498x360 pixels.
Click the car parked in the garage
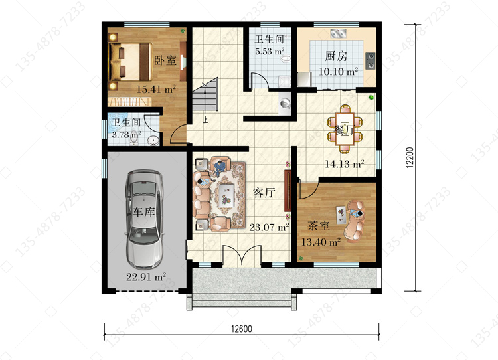(x=144, y=219)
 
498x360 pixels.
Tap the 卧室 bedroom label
(x=165, y=60)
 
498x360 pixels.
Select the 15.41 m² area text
(x=156, y=89)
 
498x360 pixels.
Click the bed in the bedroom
(x=130, y=62)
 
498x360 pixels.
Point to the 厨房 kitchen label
(x=336, y=56)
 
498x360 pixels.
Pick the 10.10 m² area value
(x=338, y=71)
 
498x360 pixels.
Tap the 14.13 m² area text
(x=344, y=164)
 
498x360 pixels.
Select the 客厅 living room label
(x=264, y=192)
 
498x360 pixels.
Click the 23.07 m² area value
(x=269, y=227)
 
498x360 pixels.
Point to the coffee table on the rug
(x=226, y=194)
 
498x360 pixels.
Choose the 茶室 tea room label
(x=319, y=226)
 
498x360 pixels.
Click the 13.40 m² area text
(x=321, y=242)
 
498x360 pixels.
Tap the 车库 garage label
(x=144, y=212)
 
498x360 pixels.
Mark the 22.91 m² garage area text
(x=146, y=277)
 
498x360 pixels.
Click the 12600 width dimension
(x=242, y=329)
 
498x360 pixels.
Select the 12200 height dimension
(x=410, y=157)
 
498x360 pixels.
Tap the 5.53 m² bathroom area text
(x=270, y=51)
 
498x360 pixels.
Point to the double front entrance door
(x=242, y=254)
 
